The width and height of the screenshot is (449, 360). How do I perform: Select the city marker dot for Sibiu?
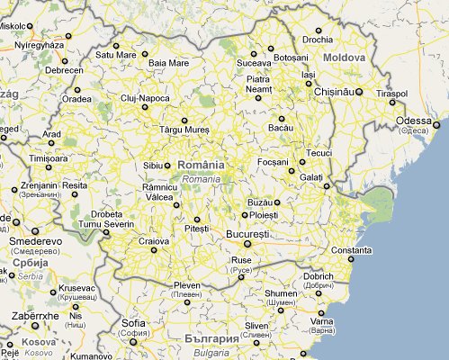167,166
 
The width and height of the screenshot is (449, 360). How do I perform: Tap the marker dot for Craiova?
154,250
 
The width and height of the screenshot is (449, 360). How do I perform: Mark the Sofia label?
133,323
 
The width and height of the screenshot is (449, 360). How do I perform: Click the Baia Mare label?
168,64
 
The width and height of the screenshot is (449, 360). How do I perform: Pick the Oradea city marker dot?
77,90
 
